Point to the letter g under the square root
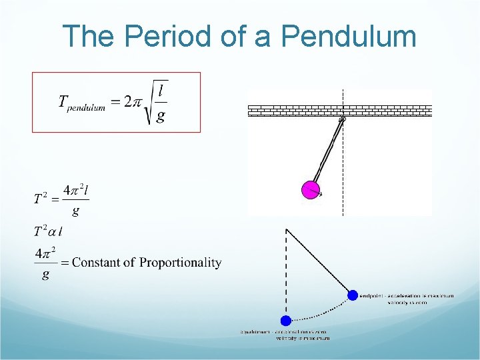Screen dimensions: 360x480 click(161, 117)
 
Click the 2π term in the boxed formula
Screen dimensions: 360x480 click(133, 102)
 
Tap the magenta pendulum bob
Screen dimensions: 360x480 click(310, 190)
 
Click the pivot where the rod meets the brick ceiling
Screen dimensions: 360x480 click(343, 119)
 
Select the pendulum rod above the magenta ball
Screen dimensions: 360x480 click(327, 152)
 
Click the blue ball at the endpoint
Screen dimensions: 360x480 click(352, 295)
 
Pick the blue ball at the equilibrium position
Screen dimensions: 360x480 click(286, 321)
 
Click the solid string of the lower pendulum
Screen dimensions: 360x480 click(319, 262)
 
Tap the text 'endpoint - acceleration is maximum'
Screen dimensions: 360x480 click(407, 296)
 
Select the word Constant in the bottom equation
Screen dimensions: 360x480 click(99, 263)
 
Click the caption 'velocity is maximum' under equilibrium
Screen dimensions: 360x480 click(303, 338)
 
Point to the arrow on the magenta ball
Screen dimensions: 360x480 click(320, 195)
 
